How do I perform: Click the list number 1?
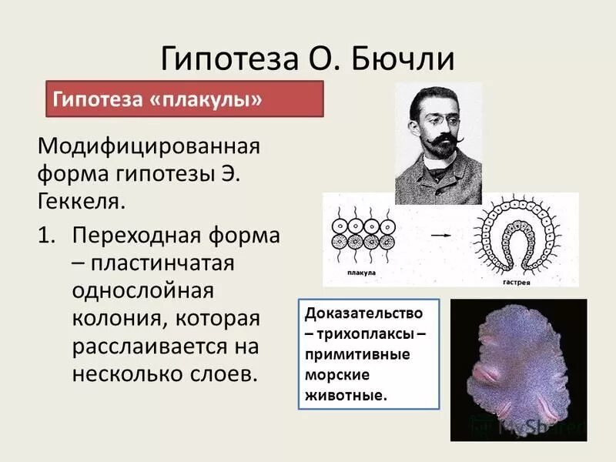[x=47, y=234]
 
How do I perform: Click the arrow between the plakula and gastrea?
[x=440, y=231]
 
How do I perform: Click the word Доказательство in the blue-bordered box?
[x=363, y=314]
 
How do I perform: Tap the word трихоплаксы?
[x=371, y=336]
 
